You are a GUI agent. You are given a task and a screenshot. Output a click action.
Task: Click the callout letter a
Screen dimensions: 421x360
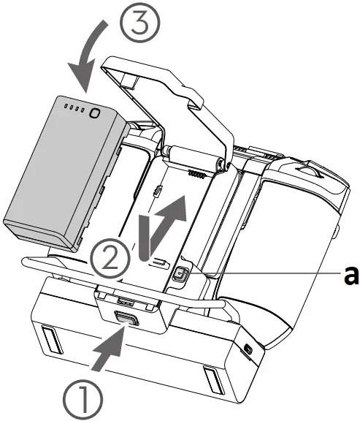point(350,273)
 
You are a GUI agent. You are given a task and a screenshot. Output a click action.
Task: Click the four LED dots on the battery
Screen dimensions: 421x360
point(74,109)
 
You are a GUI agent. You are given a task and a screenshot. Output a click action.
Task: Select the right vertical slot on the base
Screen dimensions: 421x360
point(210,379)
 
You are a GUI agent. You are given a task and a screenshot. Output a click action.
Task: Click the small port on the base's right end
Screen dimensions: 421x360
point(250,346)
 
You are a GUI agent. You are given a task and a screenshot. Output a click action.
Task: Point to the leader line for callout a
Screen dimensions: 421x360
point(263,274)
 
